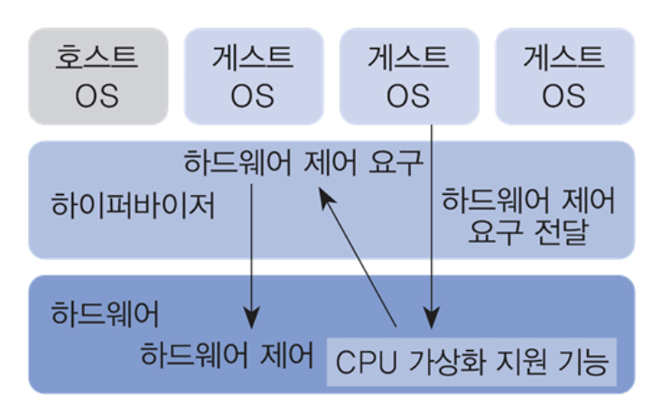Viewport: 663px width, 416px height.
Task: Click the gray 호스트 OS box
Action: tap(98, 76)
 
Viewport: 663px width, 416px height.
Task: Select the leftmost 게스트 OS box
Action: tap(253, 76)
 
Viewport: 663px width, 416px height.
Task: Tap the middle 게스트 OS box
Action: tap(408, 76)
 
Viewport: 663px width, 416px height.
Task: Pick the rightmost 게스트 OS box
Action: tap(564, 76)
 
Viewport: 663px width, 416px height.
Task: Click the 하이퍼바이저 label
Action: tap(134, 208)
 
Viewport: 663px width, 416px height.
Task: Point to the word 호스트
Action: tap(98, 59)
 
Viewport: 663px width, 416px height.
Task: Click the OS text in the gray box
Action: tap(98, 95)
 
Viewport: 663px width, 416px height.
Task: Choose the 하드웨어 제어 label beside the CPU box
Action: tap(228, 355)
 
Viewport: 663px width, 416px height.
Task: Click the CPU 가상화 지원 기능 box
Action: tap(472, 363)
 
